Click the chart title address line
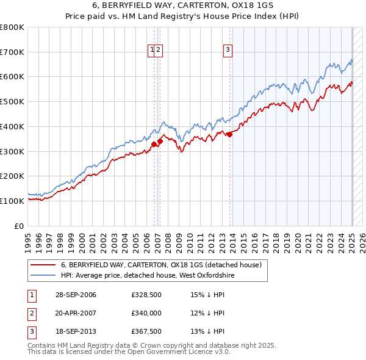click(183, 5)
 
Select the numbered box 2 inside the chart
click(158, 51)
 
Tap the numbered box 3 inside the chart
click(228, 51)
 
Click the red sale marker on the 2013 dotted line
click(229, 135)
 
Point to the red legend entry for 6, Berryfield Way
click(161, 265)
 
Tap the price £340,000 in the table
click(146, 314)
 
